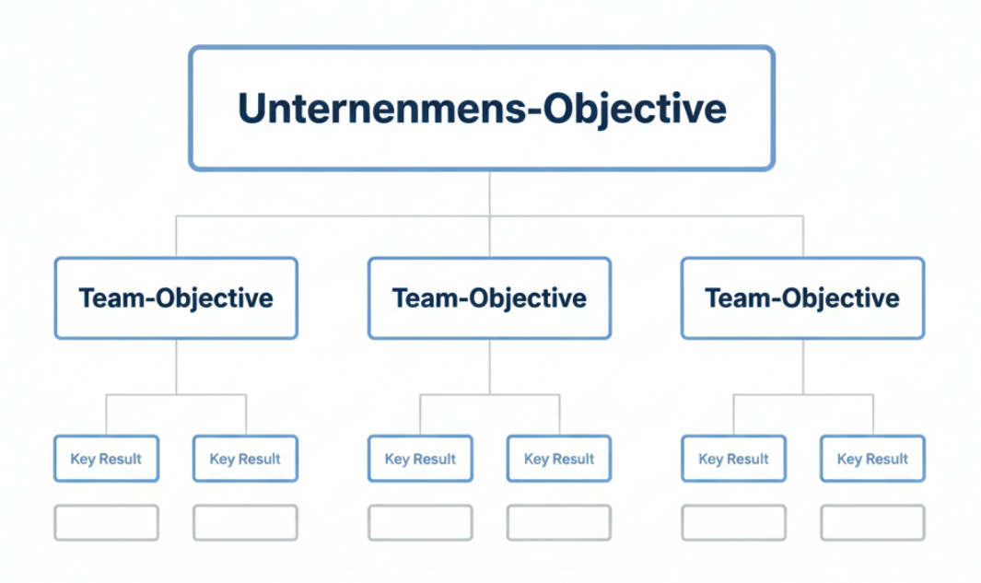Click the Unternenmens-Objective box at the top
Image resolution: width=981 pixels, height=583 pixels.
coord(482,109)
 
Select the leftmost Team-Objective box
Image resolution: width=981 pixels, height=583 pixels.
coord(176,298)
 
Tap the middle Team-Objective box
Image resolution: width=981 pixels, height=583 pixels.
coord(489,298)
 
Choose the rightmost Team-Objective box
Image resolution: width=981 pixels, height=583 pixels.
coord(802,298)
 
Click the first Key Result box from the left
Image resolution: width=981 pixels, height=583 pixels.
coord(106,459)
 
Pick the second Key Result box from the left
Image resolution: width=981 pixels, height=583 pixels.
coord(245,459)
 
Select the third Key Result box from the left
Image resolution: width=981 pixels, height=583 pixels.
coord(420,459)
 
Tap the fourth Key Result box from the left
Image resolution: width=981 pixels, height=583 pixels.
coord(559,459)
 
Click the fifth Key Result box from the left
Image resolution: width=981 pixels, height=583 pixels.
coord(733,459)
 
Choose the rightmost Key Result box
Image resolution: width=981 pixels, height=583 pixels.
coord(872,459)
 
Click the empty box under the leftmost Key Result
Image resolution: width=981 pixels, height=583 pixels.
coord(106,522)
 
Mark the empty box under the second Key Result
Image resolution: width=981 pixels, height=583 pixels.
coord(245,522)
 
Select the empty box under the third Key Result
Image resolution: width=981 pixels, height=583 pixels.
coord(420,522)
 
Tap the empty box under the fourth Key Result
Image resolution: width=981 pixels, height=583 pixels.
coord(559,522)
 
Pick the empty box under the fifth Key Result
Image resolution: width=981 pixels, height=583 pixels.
coord(733,522)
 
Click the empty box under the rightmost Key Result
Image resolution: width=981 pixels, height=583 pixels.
coord(872,522)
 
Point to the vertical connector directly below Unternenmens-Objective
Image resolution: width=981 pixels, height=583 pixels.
coord(489,193)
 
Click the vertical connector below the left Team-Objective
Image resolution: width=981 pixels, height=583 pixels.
coord(176,367)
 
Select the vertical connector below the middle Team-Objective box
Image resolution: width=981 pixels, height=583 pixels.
coord(489,367)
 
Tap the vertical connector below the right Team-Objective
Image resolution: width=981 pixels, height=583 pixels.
coord(802,367)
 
